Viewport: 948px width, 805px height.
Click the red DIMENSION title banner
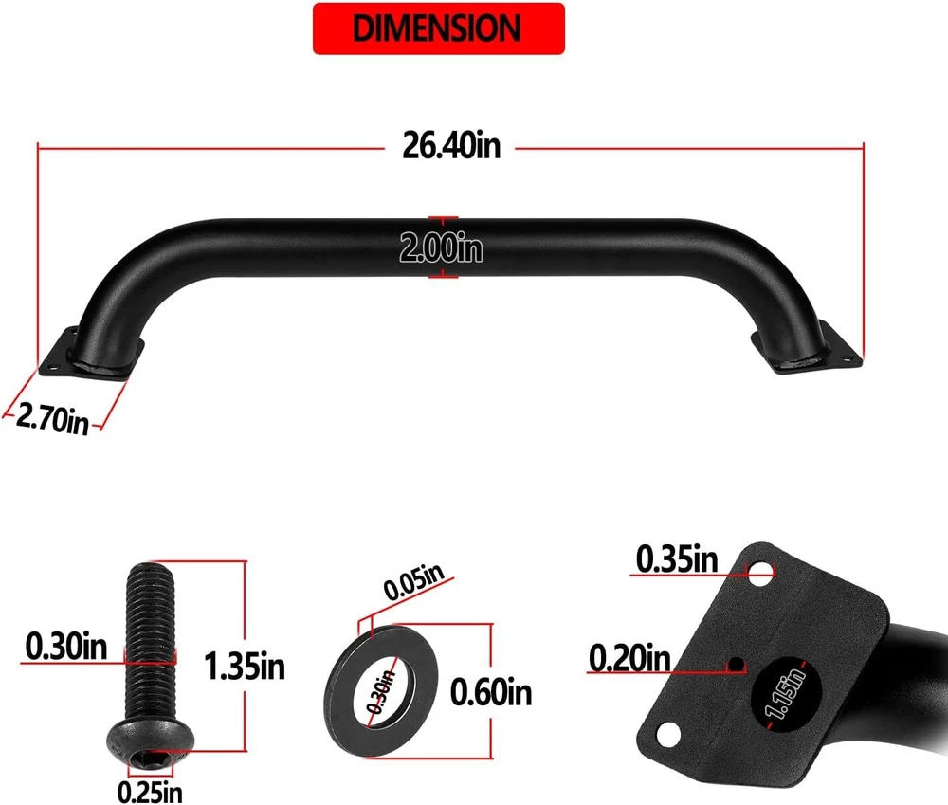coord(438,28)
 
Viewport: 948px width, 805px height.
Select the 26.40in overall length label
coord(451,146)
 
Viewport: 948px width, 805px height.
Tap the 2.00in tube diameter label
coord(442,247)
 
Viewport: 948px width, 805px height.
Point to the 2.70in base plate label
coord(52,417)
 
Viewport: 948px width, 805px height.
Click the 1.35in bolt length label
coord(245,666)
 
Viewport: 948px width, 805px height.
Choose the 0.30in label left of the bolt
coord(66,646)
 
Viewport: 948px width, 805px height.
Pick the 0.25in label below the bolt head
coord(150,791)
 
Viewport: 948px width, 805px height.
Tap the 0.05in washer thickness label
coord(414,581)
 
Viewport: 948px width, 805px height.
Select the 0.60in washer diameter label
coord(491,692)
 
